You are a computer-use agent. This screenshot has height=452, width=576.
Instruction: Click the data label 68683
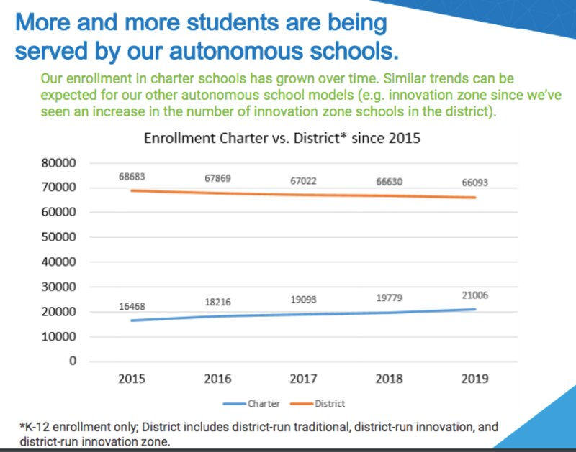[133, 176]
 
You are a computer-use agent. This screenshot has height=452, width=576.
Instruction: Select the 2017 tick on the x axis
[303, 379]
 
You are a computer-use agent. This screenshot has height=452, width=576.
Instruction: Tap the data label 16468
[133, 307]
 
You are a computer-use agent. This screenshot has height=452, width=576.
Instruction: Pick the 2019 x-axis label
[474, 379]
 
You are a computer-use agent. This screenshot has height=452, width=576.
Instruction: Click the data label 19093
[303, 299]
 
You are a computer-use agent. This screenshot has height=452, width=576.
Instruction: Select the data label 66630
[389, 181]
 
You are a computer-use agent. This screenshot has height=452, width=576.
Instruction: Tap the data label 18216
[217, 303]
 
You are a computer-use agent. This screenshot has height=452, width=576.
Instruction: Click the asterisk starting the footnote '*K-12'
[22, 425]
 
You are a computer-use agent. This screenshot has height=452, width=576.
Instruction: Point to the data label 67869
[217, 178]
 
